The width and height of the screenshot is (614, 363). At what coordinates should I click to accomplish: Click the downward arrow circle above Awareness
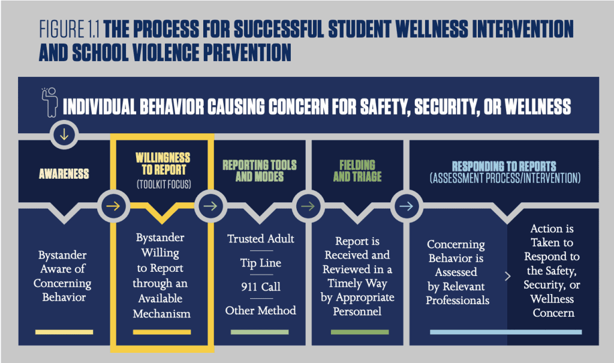tap(64, 134)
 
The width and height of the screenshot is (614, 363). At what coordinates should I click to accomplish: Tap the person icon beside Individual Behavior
tap(50, 103)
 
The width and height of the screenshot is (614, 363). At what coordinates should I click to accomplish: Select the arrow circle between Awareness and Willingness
tap(113, 206)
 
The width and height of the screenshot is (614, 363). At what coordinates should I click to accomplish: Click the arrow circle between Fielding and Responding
tap(407, 206)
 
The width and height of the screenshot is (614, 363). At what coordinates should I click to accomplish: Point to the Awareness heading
tap(64, 173)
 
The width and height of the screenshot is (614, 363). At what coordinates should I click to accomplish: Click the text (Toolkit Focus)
tap(164, 184)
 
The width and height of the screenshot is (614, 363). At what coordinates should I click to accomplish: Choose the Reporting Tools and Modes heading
tap(260, 171)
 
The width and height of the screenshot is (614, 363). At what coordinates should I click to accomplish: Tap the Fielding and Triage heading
tap(357, 171)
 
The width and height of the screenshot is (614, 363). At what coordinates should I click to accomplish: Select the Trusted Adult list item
tap(261, 239)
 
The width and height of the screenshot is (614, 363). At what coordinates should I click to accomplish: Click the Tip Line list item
tap(261, 263)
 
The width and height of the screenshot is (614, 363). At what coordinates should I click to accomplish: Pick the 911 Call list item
tap(261, 287)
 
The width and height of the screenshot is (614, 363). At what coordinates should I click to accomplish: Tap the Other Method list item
tap(261, 310)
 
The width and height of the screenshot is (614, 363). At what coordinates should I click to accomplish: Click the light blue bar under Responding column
tap(506, 332)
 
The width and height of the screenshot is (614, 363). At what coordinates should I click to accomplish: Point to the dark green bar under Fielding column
tap(360, 332)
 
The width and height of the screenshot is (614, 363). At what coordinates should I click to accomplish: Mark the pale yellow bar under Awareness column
tap(64, 332)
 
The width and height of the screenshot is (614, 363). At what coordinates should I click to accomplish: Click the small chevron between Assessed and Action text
tap(508, 277)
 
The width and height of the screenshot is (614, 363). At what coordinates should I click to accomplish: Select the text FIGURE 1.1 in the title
tap(69, 29)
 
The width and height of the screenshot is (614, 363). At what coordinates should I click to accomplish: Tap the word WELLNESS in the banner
tap(538, 107)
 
